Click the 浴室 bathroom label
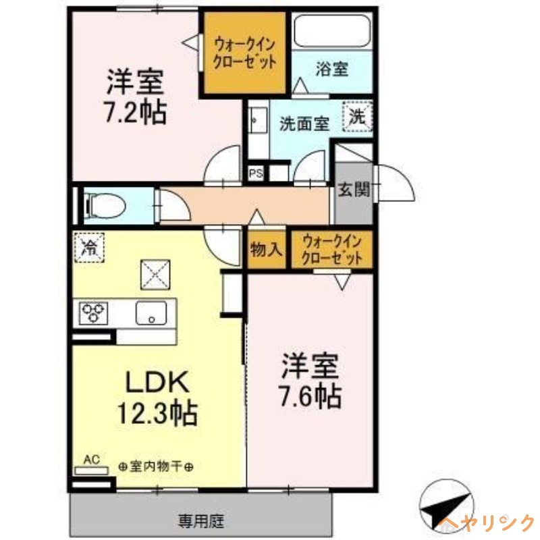[331, 68]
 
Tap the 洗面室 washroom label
[304, 124]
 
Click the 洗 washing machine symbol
[358, 115]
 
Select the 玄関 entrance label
[354, 190]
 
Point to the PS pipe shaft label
[256, 173]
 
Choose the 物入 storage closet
[265, 250]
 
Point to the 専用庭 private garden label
[201, 520]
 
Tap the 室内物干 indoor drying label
[156, 466]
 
